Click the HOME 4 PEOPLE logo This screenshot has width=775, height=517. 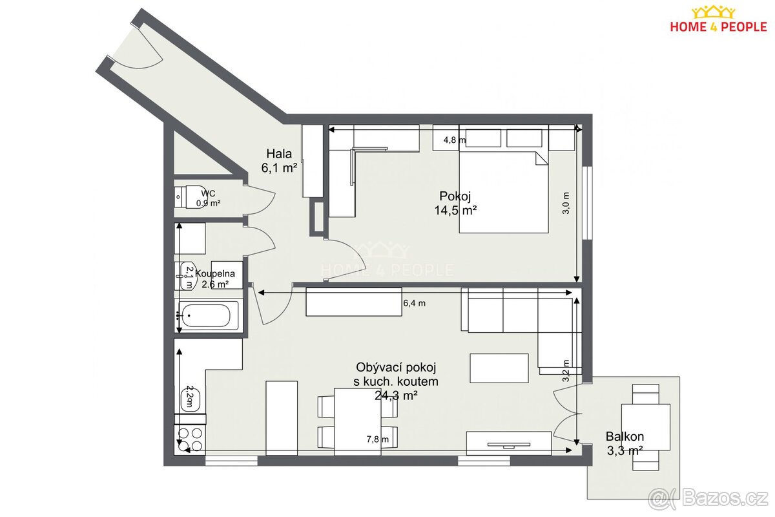pos(718,20)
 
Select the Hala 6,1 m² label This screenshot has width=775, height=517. pos(279,161)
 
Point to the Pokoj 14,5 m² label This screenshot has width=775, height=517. pos(455,204)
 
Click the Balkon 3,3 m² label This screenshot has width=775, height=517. pos(625,443)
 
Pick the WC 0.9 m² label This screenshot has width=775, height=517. pos(208,198)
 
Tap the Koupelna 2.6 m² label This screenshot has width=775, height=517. pos(215,279)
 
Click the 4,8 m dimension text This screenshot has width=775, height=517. pos(455,140)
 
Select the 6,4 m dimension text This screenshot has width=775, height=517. pos(414,303)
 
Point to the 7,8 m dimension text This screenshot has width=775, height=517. pos(377,439)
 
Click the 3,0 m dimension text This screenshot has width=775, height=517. pos(566,204)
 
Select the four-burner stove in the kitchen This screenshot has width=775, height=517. pos(191,440)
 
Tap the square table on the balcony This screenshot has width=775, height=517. pos(646,427)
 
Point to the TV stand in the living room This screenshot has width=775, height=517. pos(509,443)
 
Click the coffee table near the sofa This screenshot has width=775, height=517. pos(499,368)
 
